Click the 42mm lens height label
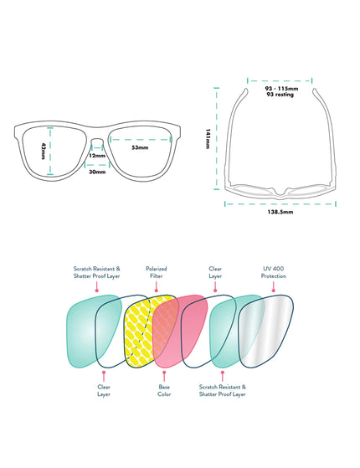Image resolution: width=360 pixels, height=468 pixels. click(x=44, y=151)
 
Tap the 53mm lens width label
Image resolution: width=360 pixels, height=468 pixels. click(x=140, y=147)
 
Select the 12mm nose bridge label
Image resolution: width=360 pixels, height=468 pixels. click(x=97, y=156)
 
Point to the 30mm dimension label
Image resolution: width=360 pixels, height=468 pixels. click(x=97, y=172)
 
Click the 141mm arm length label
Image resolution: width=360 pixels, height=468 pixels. click(x=208, y=139)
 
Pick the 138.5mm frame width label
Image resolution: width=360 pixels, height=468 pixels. click(x=280, y=212)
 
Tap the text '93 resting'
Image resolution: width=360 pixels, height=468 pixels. click(x=280, y=95)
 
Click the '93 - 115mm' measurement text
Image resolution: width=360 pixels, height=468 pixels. click(x=281, y=89)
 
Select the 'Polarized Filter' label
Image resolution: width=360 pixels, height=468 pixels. click(x=156, y=272)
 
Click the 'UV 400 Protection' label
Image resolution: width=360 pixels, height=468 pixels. click(x=274, y=272)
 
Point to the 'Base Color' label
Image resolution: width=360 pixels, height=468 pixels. click(x=164, y=390)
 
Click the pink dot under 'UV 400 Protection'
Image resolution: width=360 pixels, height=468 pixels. click(x=274, y=291)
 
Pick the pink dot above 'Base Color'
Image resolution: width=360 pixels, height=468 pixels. click(x=164, y=373)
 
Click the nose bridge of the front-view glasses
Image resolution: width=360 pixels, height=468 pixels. click(x=97, y=140)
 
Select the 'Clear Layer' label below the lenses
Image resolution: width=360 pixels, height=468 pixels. click(x=104, y=390)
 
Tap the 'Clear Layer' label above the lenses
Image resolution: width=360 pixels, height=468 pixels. click(x=215, y=272)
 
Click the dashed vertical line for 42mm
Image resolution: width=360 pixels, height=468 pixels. click(x=50, y=152)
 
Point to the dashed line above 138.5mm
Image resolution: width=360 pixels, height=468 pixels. click(x=280, y=203)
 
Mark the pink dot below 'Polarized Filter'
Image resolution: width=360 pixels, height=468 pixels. click(x=156, y=291)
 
